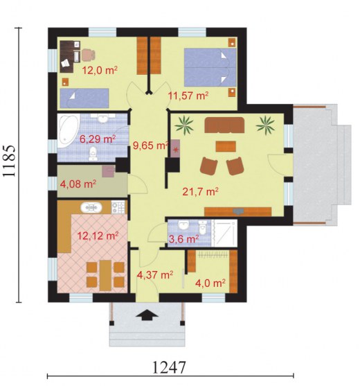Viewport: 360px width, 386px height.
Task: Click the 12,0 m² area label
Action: tap(100, 71)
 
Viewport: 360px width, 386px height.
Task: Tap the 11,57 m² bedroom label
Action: tap(188, 95)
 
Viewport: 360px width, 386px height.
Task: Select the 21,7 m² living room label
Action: tap(200, 191)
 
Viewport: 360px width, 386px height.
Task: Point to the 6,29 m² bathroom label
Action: tap(98, 139)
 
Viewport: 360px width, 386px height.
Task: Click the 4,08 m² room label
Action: tap(78, 184)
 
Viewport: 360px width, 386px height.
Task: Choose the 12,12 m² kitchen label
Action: tap(98, 236)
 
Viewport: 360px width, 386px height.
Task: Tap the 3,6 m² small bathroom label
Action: tap(184, 239)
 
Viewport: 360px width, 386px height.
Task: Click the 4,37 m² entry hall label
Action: tap(155, 274)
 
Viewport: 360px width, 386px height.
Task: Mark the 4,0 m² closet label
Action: tap(210, 283)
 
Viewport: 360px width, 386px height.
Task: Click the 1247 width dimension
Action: tap(169, 367)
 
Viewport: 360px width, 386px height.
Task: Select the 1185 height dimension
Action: tap(10, 161)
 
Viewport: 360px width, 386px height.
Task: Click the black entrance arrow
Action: tap(147, 315)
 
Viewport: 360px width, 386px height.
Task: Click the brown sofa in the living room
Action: tap(224, 125)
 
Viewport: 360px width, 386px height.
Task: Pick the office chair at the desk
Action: tap(89, 55)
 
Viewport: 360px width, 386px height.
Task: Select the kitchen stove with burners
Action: tap(118, 207)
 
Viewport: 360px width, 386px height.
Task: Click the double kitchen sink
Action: tap(91, 207)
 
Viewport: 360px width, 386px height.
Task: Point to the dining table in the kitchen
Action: tap(105, 275)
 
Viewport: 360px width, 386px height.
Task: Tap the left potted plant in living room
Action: tap(184, 125)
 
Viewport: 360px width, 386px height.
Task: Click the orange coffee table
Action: tap(226, 146)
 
